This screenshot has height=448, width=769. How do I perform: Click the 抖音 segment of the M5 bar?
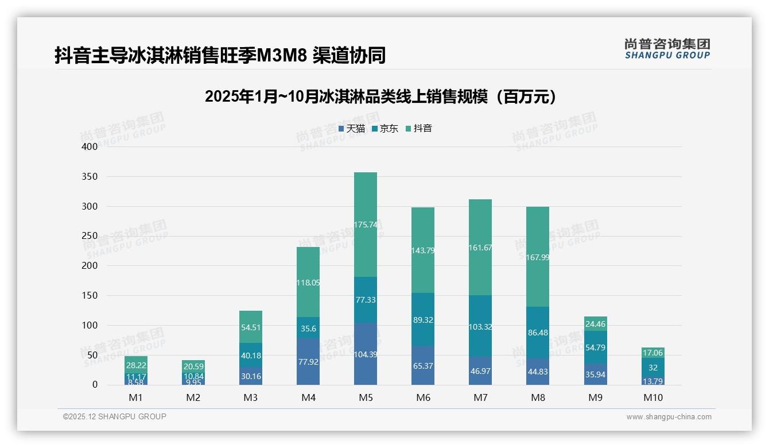366,225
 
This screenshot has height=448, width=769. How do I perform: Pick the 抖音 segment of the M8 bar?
538,257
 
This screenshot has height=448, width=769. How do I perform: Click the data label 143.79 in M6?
423,250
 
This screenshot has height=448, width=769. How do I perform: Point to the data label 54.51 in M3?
251,327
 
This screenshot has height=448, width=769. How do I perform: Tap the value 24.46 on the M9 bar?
595,324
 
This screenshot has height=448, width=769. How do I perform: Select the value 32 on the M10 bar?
653,368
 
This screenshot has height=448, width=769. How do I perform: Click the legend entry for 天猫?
352,129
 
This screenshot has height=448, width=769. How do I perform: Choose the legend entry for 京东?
385,129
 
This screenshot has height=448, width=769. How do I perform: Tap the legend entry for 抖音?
419,129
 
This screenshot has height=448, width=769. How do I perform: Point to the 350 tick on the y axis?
90,176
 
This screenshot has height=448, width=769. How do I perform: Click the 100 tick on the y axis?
90,325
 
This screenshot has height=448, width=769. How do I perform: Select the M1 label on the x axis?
136,397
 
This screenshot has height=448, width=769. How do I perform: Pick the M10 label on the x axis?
653,397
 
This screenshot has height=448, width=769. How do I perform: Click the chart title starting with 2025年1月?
380,96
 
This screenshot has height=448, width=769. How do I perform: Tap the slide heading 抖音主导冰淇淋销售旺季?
220,55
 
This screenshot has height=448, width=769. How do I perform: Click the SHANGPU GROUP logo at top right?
667,48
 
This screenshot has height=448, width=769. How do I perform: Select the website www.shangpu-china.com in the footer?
669,417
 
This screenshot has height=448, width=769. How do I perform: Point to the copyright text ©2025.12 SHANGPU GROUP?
115,416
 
